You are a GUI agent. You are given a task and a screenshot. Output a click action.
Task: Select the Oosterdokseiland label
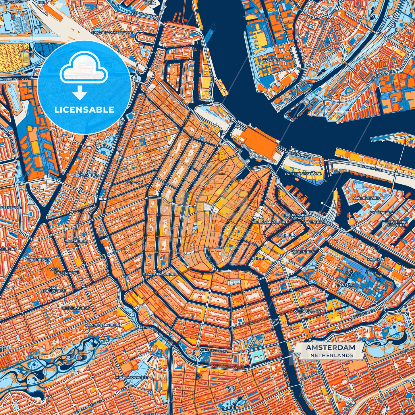[x=303, y=174]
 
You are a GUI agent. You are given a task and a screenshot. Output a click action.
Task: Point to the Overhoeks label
[x=273, y=60]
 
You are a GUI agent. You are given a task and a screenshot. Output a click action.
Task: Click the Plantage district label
[x=344, y=285]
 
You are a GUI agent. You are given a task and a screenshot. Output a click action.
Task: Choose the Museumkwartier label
[x=132, y=377]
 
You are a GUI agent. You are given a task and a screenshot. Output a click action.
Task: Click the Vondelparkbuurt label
[x=103, y=325]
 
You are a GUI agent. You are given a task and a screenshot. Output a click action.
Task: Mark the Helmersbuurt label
[x=76, y=308]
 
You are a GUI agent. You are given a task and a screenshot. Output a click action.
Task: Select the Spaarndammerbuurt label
[x=112, y=33]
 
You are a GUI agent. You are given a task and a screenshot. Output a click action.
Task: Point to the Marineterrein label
[x=367, y=198]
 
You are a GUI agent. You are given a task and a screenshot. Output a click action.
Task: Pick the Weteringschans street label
[x=215, y=351]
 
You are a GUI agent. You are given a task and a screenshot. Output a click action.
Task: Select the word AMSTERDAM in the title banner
[x=330, y=348]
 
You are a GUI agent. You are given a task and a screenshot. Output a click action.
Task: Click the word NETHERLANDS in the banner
[x=331, y=355]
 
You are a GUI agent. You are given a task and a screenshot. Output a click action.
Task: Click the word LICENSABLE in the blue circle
[x=84, y=110]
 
